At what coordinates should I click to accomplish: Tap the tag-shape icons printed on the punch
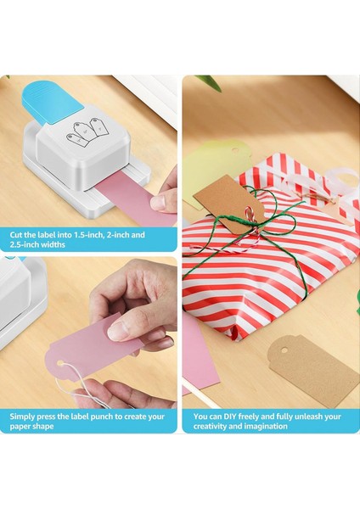tap(87, 131)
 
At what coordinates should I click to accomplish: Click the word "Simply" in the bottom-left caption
tap(23, 417)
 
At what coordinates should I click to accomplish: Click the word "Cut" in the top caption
tap(17, 234)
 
